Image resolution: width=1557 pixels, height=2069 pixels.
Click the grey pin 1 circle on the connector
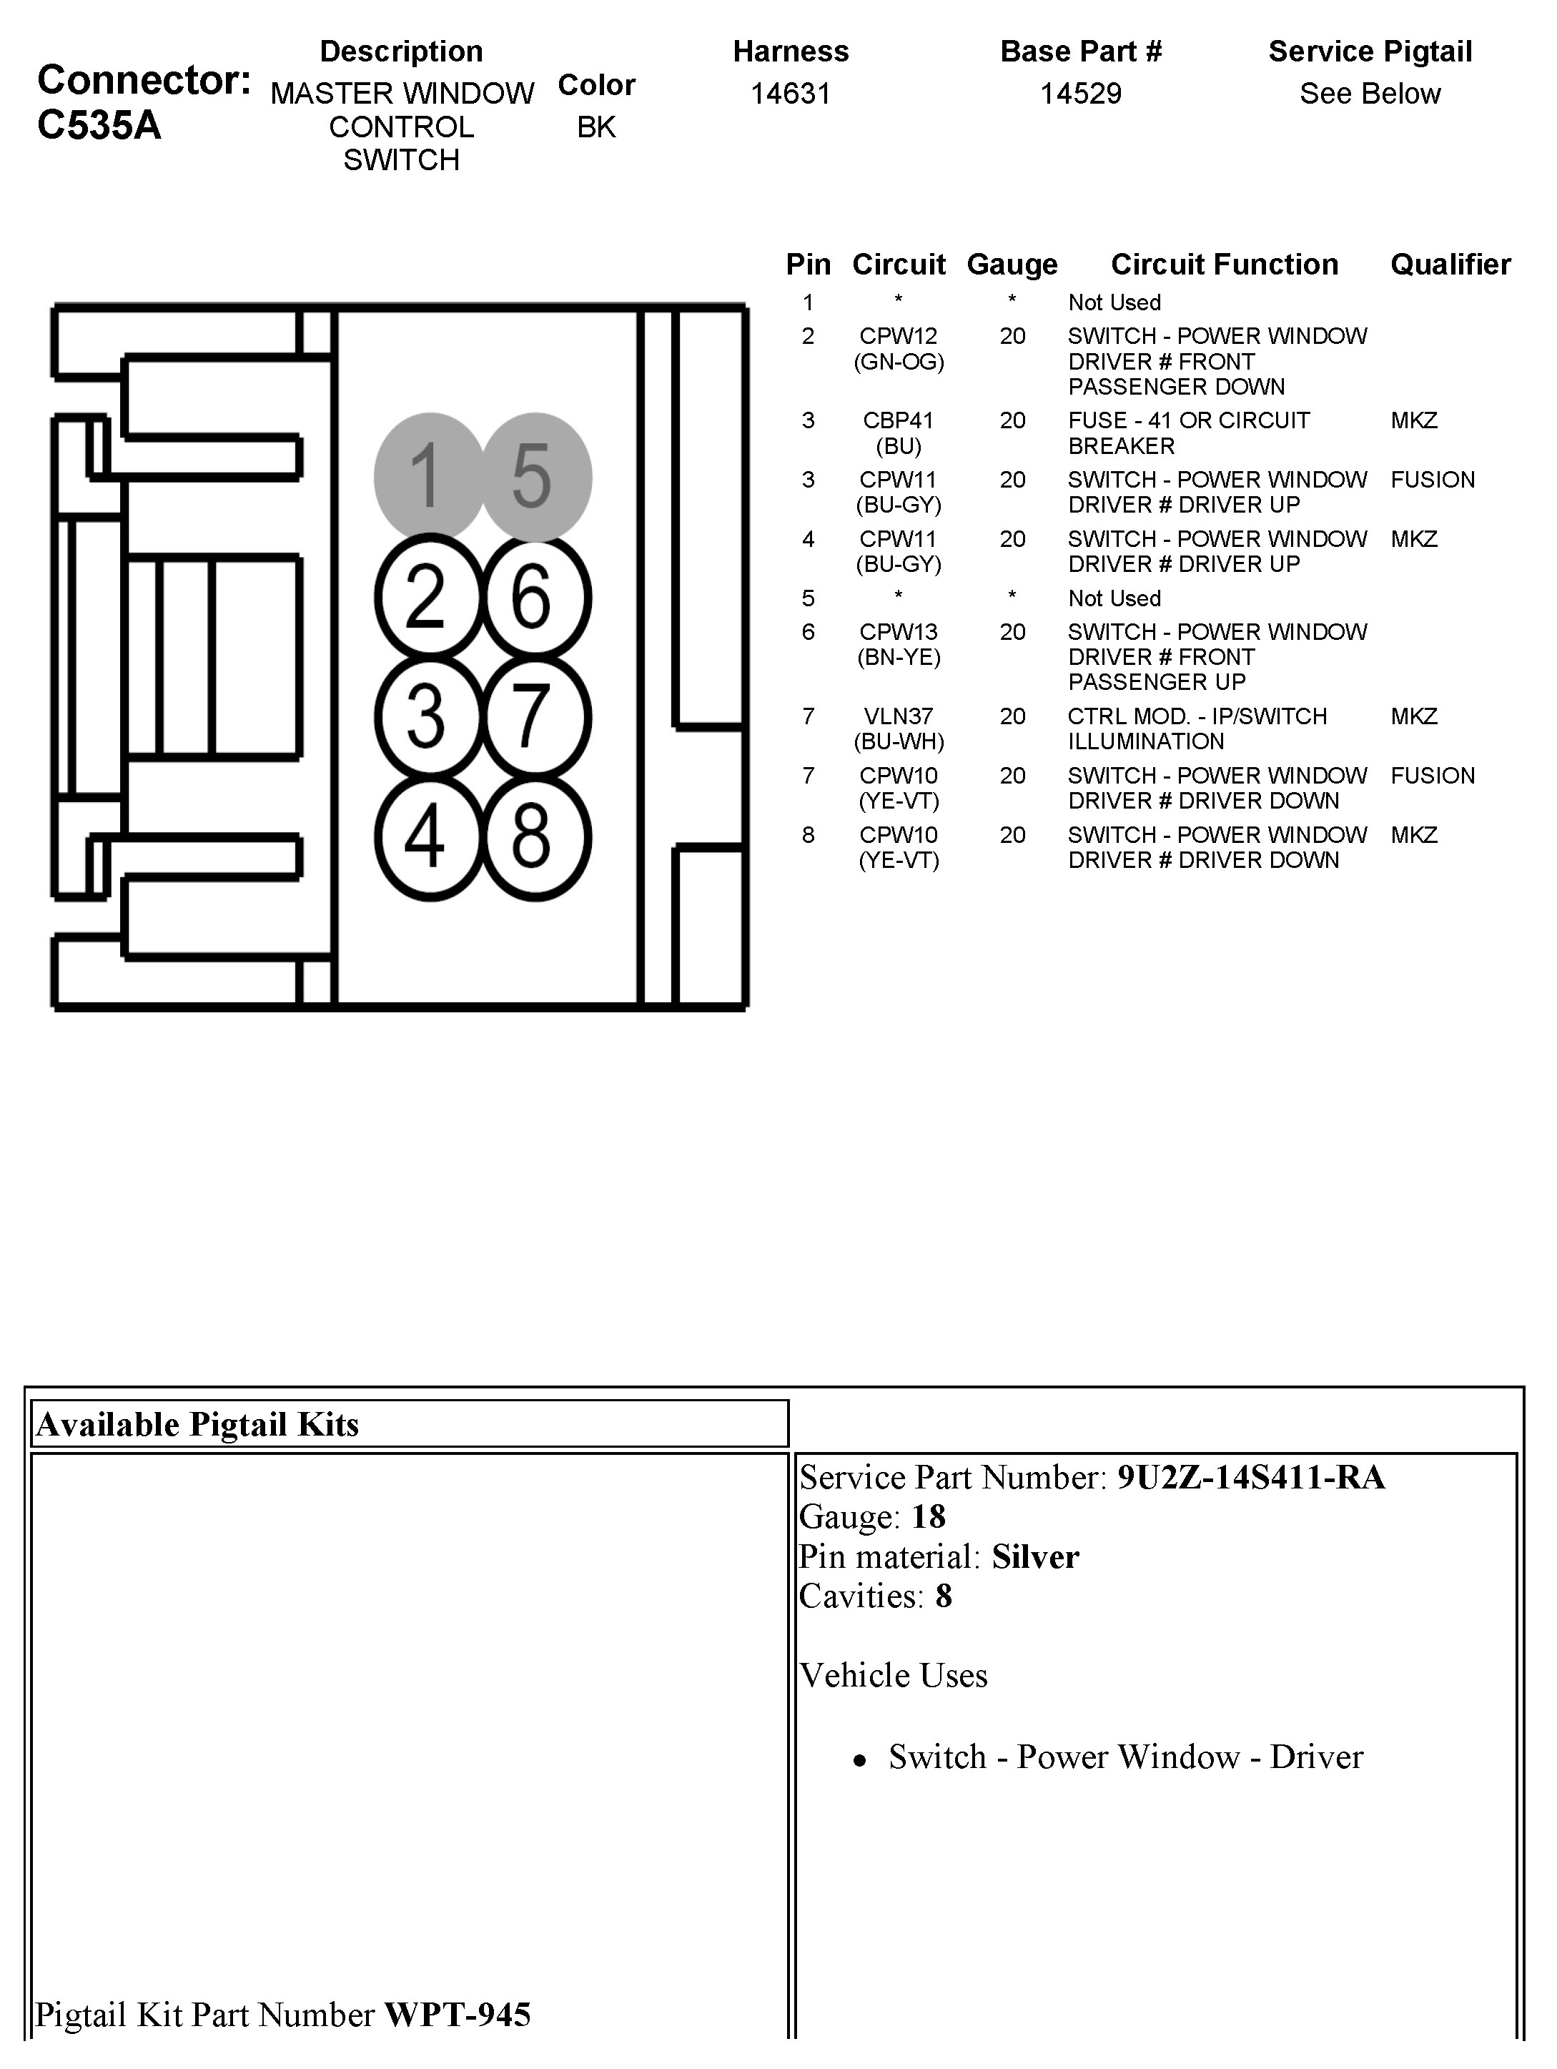pyautogui.click(x=427, y=476)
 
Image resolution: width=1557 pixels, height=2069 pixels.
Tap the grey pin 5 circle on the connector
pyautogui.click(x=535, y=476)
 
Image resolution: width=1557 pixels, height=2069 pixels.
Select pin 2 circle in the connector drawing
pyautogui.click(x=427, y=596)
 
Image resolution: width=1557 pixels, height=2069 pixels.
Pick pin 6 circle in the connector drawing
pyautogui.click(x=535, y=596)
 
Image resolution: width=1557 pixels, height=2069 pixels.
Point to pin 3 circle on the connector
pyautogui.click(x=427, y=716)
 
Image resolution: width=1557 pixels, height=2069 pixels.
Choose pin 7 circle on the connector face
pyautogui.click(x=535, y=716)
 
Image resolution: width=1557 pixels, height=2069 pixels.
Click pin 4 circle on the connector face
pyautogui.click(x=427, y=836)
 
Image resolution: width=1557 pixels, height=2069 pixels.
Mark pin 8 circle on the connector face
pyautogui.click(x=535, y=836)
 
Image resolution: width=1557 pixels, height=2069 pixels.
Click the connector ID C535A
pyautogui.click(x=99, y=125)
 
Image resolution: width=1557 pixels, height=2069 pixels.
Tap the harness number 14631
pyautogui.click(x=790, y=94)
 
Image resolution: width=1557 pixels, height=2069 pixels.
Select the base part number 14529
pyautogui.click(x=1080, y=94)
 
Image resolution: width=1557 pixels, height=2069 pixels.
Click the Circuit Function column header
pyautogui.click(x=1224, y=265)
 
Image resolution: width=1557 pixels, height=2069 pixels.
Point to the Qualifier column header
pyautogui.click(x=1450, y=265)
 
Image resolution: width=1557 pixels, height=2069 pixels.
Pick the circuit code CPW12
pyautogui.click(x=898, y=336)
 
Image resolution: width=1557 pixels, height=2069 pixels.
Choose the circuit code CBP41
pyautogui.click(x=898, y=420)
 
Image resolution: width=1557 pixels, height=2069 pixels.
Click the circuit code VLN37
pyautogui.click(x=898, y=716)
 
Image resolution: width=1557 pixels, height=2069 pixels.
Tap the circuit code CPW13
pyautogui.click(x=898, y=632)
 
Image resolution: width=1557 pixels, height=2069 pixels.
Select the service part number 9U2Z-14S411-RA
pyautogui.click(x=1250, y=1477)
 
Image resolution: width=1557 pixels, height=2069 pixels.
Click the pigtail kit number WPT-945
pyautogui.click(x=458, y=2014)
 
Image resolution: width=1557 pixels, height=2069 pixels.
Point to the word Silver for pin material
pyautogui.click(x=1035, y=1556)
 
